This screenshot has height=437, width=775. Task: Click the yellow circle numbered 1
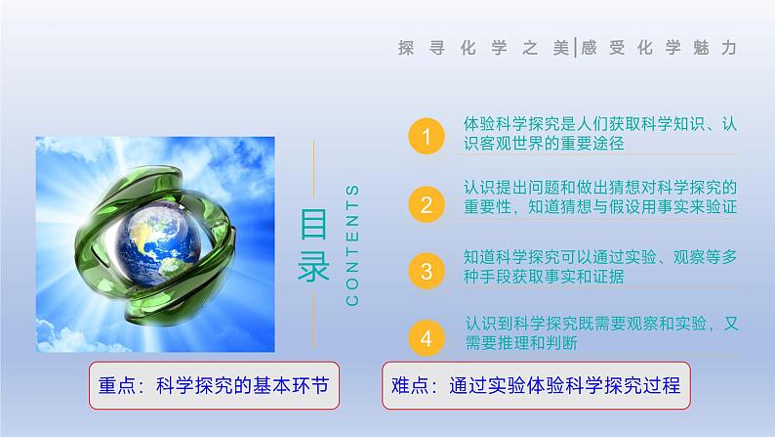[425, 135]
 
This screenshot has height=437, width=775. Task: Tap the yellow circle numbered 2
[425, 204]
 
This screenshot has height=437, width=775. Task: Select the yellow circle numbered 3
[425, 269]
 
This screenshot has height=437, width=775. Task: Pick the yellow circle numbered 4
[425, 337]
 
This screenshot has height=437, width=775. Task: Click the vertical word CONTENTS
[353, 243]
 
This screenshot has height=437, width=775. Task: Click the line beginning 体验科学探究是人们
[599, 125]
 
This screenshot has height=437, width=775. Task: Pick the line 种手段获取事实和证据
[544, 277]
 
